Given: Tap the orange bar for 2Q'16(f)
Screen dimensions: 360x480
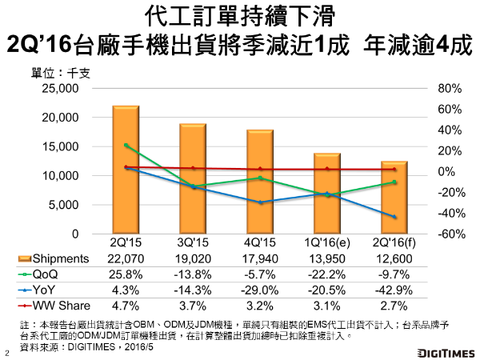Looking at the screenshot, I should click(394, 197).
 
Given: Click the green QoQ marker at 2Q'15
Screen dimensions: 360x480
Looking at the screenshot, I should click(126, 146).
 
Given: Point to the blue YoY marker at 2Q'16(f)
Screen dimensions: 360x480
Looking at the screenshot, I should click(394, 217).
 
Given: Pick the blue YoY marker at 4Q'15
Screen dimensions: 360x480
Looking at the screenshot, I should click(260, 202).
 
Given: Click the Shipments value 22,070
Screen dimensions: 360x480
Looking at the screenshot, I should click(126, 258).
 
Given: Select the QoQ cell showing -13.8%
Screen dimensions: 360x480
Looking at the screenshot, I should click(193, 274).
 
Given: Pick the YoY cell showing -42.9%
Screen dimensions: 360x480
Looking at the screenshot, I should click(394, 290).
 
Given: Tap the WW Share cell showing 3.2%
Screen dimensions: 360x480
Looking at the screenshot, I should click(260, 305).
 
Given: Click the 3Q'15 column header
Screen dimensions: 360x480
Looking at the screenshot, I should click(193, 242).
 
